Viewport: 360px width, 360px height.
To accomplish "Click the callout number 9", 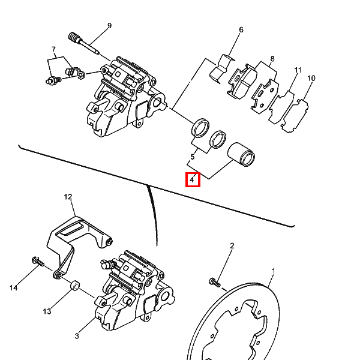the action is pyautogui.click(x=109, y=26).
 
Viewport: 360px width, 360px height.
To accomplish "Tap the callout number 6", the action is pyautogui.click(x=241, y=30).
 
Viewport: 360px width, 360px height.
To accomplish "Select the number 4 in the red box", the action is pyautogui.click(x=192, y=180).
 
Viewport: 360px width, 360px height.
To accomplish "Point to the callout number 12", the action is pyautogui.click(x=68, y=197).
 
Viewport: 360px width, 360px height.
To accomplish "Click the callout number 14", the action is pyautogui.click(x=14, y=287).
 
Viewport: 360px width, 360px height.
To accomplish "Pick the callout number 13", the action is pyautogui.click(x=47, y=311).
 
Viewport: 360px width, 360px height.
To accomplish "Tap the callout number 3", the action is pyautogui.click(x=77, y=336).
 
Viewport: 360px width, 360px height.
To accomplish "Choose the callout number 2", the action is pyautogui.click(x=232, y=246).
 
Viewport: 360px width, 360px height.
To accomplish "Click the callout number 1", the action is pyautogui.click(x=273, y=271).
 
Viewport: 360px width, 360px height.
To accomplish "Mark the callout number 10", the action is pyautogui.click(x=311, y=78).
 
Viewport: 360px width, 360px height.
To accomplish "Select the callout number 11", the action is pyautogui.click(x=298, y=70).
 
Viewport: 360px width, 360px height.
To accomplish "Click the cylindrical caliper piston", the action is pyautogui.click(x=241, y=155).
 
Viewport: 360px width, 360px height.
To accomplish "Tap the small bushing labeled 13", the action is pyautogui.click(x=75, y=286).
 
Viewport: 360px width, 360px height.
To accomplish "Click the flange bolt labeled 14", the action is pyautogui.click(x=38, y=262).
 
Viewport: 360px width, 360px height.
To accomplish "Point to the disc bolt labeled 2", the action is pyautogui.click(x=215, y=283).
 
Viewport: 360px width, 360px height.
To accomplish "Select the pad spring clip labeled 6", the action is pyautogui.click(x=222, y=68).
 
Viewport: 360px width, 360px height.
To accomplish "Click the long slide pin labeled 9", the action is pyautogui.click(x=84, y=43).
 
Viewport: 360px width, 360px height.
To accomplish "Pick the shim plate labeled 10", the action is pyautogui.click(x=295, y=116).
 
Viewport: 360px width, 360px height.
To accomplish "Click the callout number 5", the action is pyautogui.click(x=193, y=157).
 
